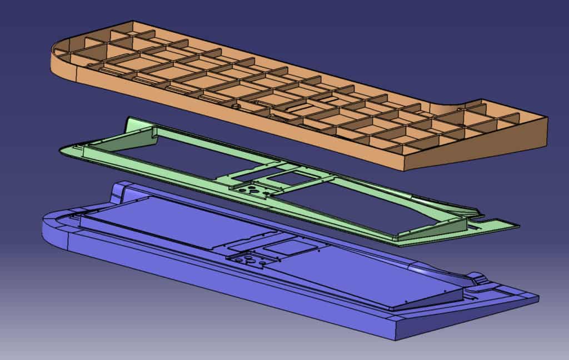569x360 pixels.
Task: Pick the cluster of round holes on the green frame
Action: [251, 190]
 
